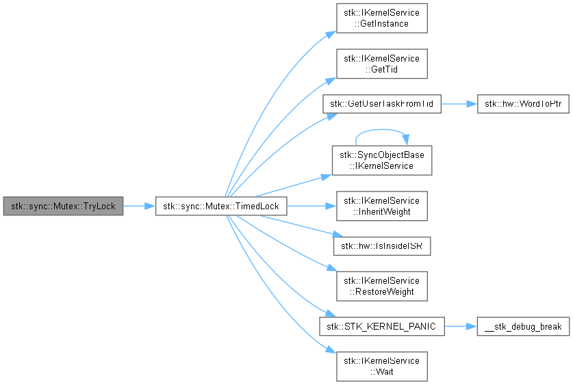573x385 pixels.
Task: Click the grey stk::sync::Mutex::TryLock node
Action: click(63, 207)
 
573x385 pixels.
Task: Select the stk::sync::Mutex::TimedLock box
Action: click(221, 207)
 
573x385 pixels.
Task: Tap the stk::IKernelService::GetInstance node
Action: click(382, 18)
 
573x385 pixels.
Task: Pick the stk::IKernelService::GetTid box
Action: click(382, 64)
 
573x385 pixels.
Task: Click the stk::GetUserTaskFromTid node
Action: click(382, 104)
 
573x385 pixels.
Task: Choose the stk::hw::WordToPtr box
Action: click(523, 104)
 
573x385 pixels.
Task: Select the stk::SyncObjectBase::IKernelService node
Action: click(382, 161)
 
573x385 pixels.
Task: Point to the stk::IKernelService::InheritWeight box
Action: click(382, 207)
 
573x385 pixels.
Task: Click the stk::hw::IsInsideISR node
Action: click(382, 246)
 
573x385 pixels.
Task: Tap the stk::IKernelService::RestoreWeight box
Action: click(382, 287)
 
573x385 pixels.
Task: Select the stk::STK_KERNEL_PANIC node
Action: click(382, 327)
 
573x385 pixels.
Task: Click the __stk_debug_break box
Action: click(523, 327)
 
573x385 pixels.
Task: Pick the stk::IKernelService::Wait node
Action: click(382, 367)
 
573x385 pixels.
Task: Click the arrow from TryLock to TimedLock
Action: click(139, 207)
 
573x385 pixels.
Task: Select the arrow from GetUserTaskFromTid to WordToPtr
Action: click(459, 104)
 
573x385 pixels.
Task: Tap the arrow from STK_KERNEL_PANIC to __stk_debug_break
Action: click(461, 327)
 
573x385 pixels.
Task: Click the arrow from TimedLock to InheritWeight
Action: click(311, 207)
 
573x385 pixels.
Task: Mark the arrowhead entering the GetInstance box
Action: click(331, 35)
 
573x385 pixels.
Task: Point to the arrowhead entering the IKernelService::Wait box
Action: click(331, 350)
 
